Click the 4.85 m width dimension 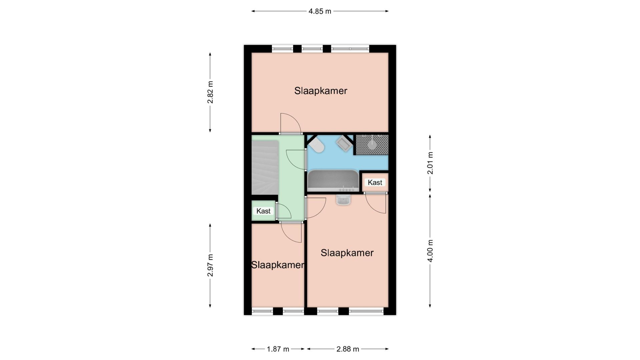[319, 11]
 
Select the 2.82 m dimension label [210, 92]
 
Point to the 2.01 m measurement [430, 163]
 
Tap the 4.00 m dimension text [430, 251]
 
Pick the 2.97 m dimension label [210, 265]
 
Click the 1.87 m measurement [278, 349]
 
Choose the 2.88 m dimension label [348, 349]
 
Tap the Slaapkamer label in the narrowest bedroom [277, 265]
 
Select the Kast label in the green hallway [263, 211]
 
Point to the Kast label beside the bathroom [375, 182]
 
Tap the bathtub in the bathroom [333, 181]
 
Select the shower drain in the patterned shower [372, 145]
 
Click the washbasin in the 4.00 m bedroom [344, 200]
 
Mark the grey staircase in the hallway [265, 167]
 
